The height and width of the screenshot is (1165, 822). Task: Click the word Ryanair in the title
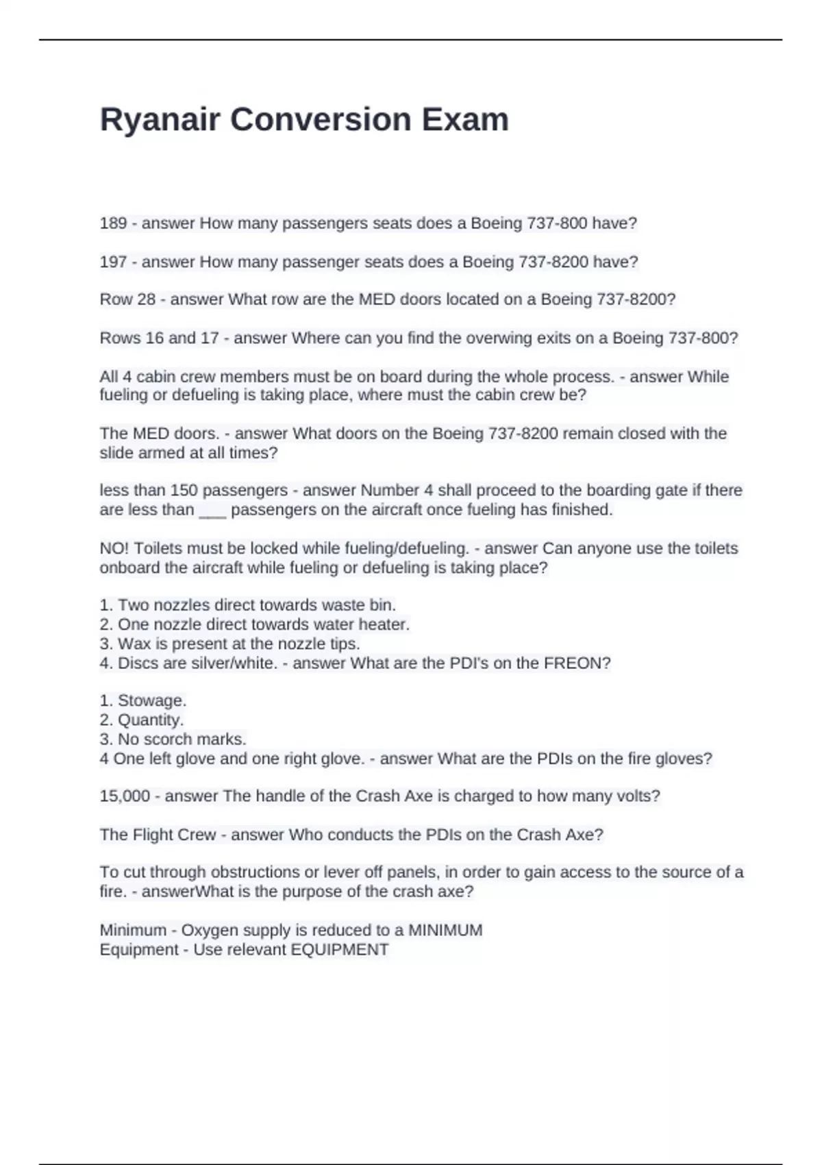(x=161, y=120)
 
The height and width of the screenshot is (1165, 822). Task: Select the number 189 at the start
(x=113, y=223)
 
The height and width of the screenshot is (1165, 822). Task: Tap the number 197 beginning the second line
(x=113, y=262)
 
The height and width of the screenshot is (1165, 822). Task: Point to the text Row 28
(x=127, y=299)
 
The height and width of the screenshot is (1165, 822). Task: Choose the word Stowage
(x=152, y=701)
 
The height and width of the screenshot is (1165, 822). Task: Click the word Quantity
(x=151, y=720)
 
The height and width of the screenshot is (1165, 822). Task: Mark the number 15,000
(x=125, y=796)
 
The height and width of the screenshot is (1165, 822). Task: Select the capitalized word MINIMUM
(x=445, y=931)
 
